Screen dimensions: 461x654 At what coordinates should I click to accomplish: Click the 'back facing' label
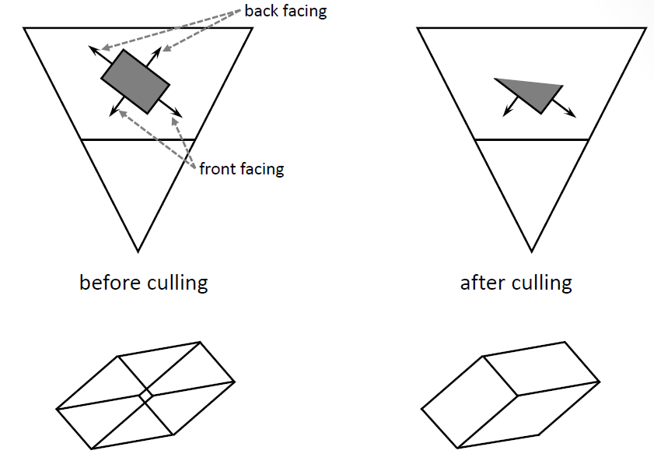coord(285,11)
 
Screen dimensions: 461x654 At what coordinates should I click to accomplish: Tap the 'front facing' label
coord(241,168)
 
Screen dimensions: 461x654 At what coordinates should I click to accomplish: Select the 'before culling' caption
coord(143,282)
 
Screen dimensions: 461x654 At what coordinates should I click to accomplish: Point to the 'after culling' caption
coord(516,282)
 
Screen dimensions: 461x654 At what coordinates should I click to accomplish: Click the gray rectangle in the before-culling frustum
coord(135,80)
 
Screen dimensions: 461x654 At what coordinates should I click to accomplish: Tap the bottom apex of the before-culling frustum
coord(138,251)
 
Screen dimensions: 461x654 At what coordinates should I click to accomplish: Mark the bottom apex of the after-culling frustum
coord(532,251)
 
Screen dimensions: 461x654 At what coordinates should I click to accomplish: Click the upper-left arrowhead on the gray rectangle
coord(92,49)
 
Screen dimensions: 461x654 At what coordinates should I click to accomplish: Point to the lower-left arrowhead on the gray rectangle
coord(112,114)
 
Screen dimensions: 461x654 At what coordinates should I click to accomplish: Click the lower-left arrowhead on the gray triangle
coord(506,114)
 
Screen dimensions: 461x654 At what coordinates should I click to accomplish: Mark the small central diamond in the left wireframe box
coord(145,396)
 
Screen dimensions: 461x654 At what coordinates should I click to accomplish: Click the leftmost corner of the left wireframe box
coord(57,408)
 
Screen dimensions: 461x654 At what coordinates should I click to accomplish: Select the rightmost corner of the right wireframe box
coord(600,381)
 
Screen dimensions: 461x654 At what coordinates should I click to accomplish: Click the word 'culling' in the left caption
coord(178,282)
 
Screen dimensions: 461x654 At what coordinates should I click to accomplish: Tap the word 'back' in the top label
coord(261,11)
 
